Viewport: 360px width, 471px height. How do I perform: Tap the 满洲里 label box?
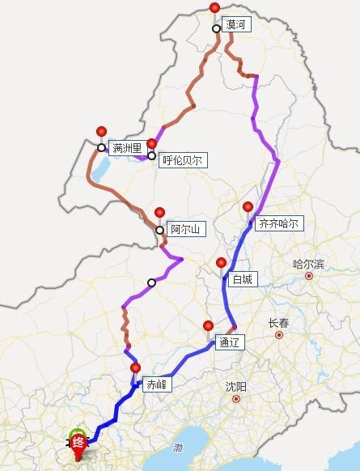pyautogui.click(x=127, y=148)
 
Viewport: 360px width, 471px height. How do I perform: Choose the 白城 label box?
pyautogui.click(x=242, y=279)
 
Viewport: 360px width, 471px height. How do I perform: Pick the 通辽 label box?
pyautogui.click(x=229, y=342)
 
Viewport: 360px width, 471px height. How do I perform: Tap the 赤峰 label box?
pyautogui.click(x=155, y=385)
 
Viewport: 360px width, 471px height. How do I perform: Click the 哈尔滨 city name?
pyautogui.click(x=308, y=264)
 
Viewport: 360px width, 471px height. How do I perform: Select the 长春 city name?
pyautogui.click(x=278, y=323)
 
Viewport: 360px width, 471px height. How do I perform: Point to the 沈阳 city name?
pyautogui.click(x=235, y=387)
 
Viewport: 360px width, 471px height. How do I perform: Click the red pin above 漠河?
pyautogui.click(x=214, y=9)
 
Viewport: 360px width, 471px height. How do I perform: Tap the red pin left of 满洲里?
pyautogui.click(x=101, y=132)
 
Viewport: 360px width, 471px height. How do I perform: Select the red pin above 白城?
pyautogui.click(x=221, y=263)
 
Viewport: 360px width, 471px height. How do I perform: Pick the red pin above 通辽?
pyautogui.click(x=208, y=326)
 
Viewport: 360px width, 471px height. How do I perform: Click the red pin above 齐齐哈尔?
pyautogui.click(x=248, y=208)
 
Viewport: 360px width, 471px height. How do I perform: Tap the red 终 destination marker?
pyautogui.click(x=78, y=442)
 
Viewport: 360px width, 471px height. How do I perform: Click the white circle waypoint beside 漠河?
pyautogui.click(x=217, y=29)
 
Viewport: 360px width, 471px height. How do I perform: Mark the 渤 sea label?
pyautogui.click(x=178, y=447)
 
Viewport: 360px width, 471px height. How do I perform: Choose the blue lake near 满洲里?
pyautogui.click(x=100, y=170)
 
